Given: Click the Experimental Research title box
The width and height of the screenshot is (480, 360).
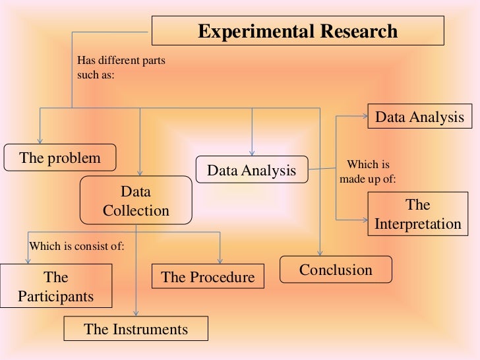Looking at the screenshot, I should point(298,32).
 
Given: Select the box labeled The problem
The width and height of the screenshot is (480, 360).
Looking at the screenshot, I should point(60,158).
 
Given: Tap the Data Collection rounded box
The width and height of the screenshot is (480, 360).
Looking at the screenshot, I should point(136,201).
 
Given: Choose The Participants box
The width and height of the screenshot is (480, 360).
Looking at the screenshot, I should point(55,287).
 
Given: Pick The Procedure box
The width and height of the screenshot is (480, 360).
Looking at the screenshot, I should point(208,277).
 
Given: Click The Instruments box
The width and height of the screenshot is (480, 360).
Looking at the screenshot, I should point(136,329).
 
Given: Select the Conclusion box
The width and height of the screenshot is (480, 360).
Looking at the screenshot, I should point(336,270).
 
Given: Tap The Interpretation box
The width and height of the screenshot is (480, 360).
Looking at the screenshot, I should point(418,214).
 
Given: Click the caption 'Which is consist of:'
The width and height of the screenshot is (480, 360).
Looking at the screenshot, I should point(77,247).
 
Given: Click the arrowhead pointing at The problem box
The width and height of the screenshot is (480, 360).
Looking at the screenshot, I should point(40,139).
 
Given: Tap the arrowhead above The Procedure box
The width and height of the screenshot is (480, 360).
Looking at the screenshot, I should point(221,261).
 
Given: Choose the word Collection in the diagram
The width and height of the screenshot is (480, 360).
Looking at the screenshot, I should point(136,211).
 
